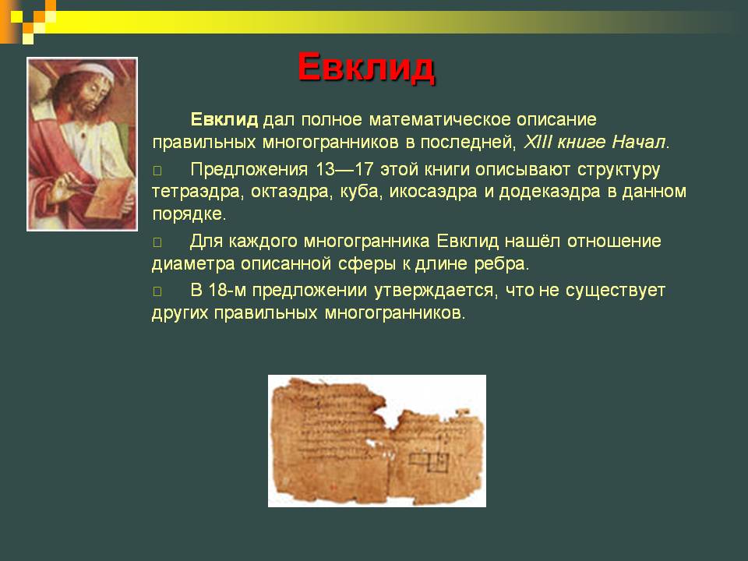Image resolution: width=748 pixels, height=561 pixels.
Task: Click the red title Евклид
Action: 366,68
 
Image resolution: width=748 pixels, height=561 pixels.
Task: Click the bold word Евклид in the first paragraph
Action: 224,119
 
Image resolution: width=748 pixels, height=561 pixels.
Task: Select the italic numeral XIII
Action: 538,142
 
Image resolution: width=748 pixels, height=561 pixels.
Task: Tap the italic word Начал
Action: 638,142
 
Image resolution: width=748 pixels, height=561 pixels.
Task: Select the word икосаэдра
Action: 433,192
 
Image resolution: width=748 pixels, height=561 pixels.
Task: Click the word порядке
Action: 187,214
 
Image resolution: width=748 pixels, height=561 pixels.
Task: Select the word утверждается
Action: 433,291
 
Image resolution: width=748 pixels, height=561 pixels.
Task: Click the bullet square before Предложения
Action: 157,171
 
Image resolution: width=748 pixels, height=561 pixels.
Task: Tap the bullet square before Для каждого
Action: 157,242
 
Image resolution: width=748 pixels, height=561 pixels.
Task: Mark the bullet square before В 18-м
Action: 157,291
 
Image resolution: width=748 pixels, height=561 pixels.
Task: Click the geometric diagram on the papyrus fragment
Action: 429,460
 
